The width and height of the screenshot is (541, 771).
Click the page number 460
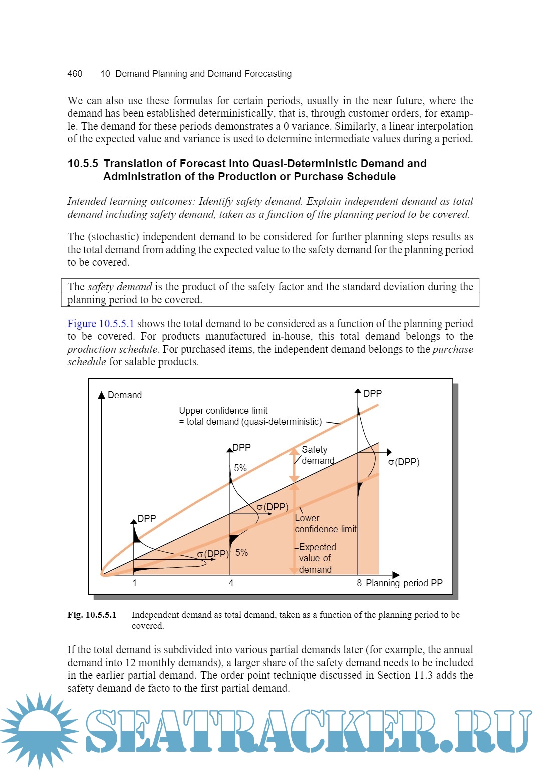click(x=75, y=74)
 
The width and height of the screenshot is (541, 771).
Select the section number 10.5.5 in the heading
click(x=83, y=164)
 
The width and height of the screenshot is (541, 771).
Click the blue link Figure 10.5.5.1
click(x=101, y=324)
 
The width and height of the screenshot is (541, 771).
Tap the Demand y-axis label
click(x=125, y=395)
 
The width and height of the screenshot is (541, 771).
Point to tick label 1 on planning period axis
click(x=134, y=583)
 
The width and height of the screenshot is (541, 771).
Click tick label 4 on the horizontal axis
click(x=231, y=583)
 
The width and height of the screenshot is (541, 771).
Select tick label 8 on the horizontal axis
click(x=359, y=583)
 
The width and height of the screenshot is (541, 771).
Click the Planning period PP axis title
click(x=404, y=583)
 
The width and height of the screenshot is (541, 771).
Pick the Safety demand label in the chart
click(x=318, y=455)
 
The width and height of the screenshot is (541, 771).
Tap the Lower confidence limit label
click(x=325, y=524)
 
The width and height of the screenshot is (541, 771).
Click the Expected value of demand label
click(x=316, y=558)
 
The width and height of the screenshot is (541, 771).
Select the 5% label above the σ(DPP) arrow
click(x=240, y=468)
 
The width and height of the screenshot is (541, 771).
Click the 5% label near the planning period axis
click(x=242, y=553)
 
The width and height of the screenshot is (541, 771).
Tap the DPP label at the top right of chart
click(x=372, y=394)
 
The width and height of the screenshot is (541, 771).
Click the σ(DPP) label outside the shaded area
click(x=404, y=462)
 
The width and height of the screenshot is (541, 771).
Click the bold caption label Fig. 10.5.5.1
click(x=92, y=615)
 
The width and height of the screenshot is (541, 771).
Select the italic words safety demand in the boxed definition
click(x=120, y=287)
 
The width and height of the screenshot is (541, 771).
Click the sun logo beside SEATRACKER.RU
click(x=39, y=730)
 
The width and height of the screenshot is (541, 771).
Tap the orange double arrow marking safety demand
click(x=295, y=465)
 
